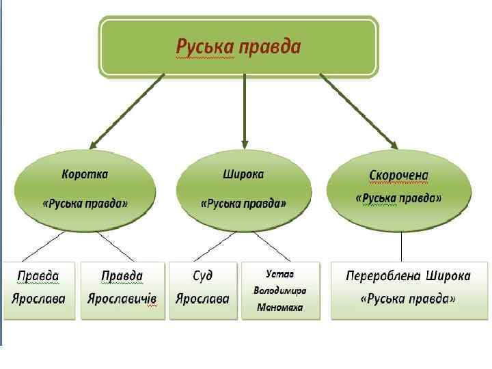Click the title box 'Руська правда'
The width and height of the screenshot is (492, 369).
coord(238,46)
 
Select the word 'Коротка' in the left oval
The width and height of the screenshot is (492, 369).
coord(85,174)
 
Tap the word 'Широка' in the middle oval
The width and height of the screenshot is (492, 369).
coord(243,174)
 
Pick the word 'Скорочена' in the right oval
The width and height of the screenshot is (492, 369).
coord(399,176)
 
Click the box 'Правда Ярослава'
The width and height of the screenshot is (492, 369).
coord(38,290)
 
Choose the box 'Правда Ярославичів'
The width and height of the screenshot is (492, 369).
coord(122,290)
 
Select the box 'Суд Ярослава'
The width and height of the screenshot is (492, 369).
coord(202,290)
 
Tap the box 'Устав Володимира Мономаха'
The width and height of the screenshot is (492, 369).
coord(280,290)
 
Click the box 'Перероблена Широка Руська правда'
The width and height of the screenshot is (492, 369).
coord(409,290)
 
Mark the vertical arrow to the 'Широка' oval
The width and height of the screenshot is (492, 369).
coord(245,109)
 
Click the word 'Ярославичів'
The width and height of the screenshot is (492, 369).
coord(122,299)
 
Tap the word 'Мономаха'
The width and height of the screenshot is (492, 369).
coord(280,307)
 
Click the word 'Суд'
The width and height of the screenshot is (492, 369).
coord(202,277)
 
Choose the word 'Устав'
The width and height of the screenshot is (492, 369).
coord(280,273)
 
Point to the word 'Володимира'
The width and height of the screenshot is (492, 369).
coord(280,290)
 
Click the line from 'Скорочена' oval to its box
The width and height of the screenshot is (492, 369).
coord(400,246)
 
